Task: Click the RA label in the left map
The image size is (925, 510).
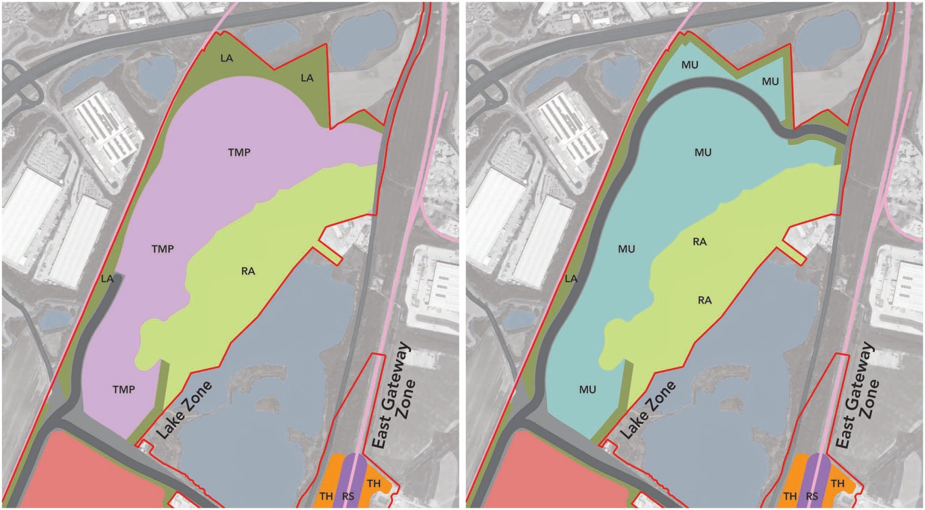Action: (248, 271)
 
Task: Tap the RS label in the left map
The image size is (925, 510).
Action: (348, 496)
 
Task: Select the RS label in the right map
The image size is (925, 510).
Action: (812, 496)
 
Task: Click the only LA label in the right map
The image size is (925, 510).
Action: (571, 279)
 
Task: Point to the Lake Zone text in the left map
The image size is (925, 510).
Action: (184, 410)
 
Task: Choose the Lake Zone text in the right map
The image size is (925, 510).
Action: (648, 410)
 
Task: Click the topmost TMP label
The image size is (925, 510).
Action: (239, 152)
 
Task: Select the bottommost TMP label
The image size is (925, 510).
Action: (124, 389)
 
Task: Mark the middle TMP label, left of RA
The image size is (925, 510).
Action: (163, 249)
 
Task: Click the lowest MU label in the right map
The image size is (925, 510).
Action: (588, 389)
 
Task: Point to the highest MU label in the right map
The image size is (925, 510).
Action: (690, 65)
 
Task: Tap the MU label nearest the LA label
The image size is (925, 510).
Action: (626, 249)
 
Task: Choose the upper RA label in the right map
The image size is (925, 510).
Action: (700, 242)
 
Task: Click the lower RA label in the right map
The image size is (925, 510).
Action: (705, 300)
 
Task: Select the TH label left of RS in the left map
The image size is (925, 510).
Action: (326, 496)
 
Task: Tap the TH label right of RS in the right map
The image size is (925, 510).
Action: (837, 483)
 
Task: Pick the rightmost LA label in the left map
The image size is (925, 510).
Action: (307, 78)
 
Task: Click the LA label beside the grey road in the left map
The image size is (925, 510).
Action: (107, 279)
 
